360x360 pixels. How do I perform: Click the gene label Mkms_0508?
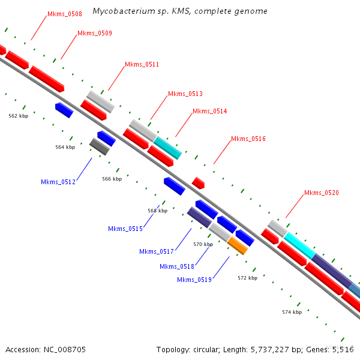64,14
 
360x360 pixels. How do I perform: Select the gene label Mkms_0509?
94,33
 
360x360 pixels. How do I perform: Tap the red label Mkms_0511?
142,64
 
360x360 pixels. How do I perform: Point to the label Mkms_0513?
185,94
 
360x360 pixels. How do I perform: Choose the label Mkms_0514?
209,111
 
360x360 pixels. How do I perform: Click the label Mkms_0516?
248,139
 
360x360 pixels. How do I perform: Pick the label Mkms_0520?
321,193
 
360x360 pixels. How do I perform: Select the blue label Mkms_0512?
58,182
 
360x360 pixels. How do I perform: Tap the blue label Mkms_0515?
125,229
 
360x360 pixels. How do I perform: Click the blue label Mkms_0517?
156,251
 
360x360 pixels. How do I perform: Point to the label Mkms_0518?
177,266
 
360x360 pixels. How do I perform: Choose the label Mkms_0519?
194,280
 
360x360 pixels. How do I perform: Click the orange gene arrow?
238,245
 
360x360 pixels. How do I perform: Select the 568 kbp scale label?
157,211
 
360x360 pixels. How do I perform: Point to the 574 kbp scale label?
292,312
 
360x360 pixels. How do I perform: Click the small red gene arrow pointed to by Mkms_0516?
198,182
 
